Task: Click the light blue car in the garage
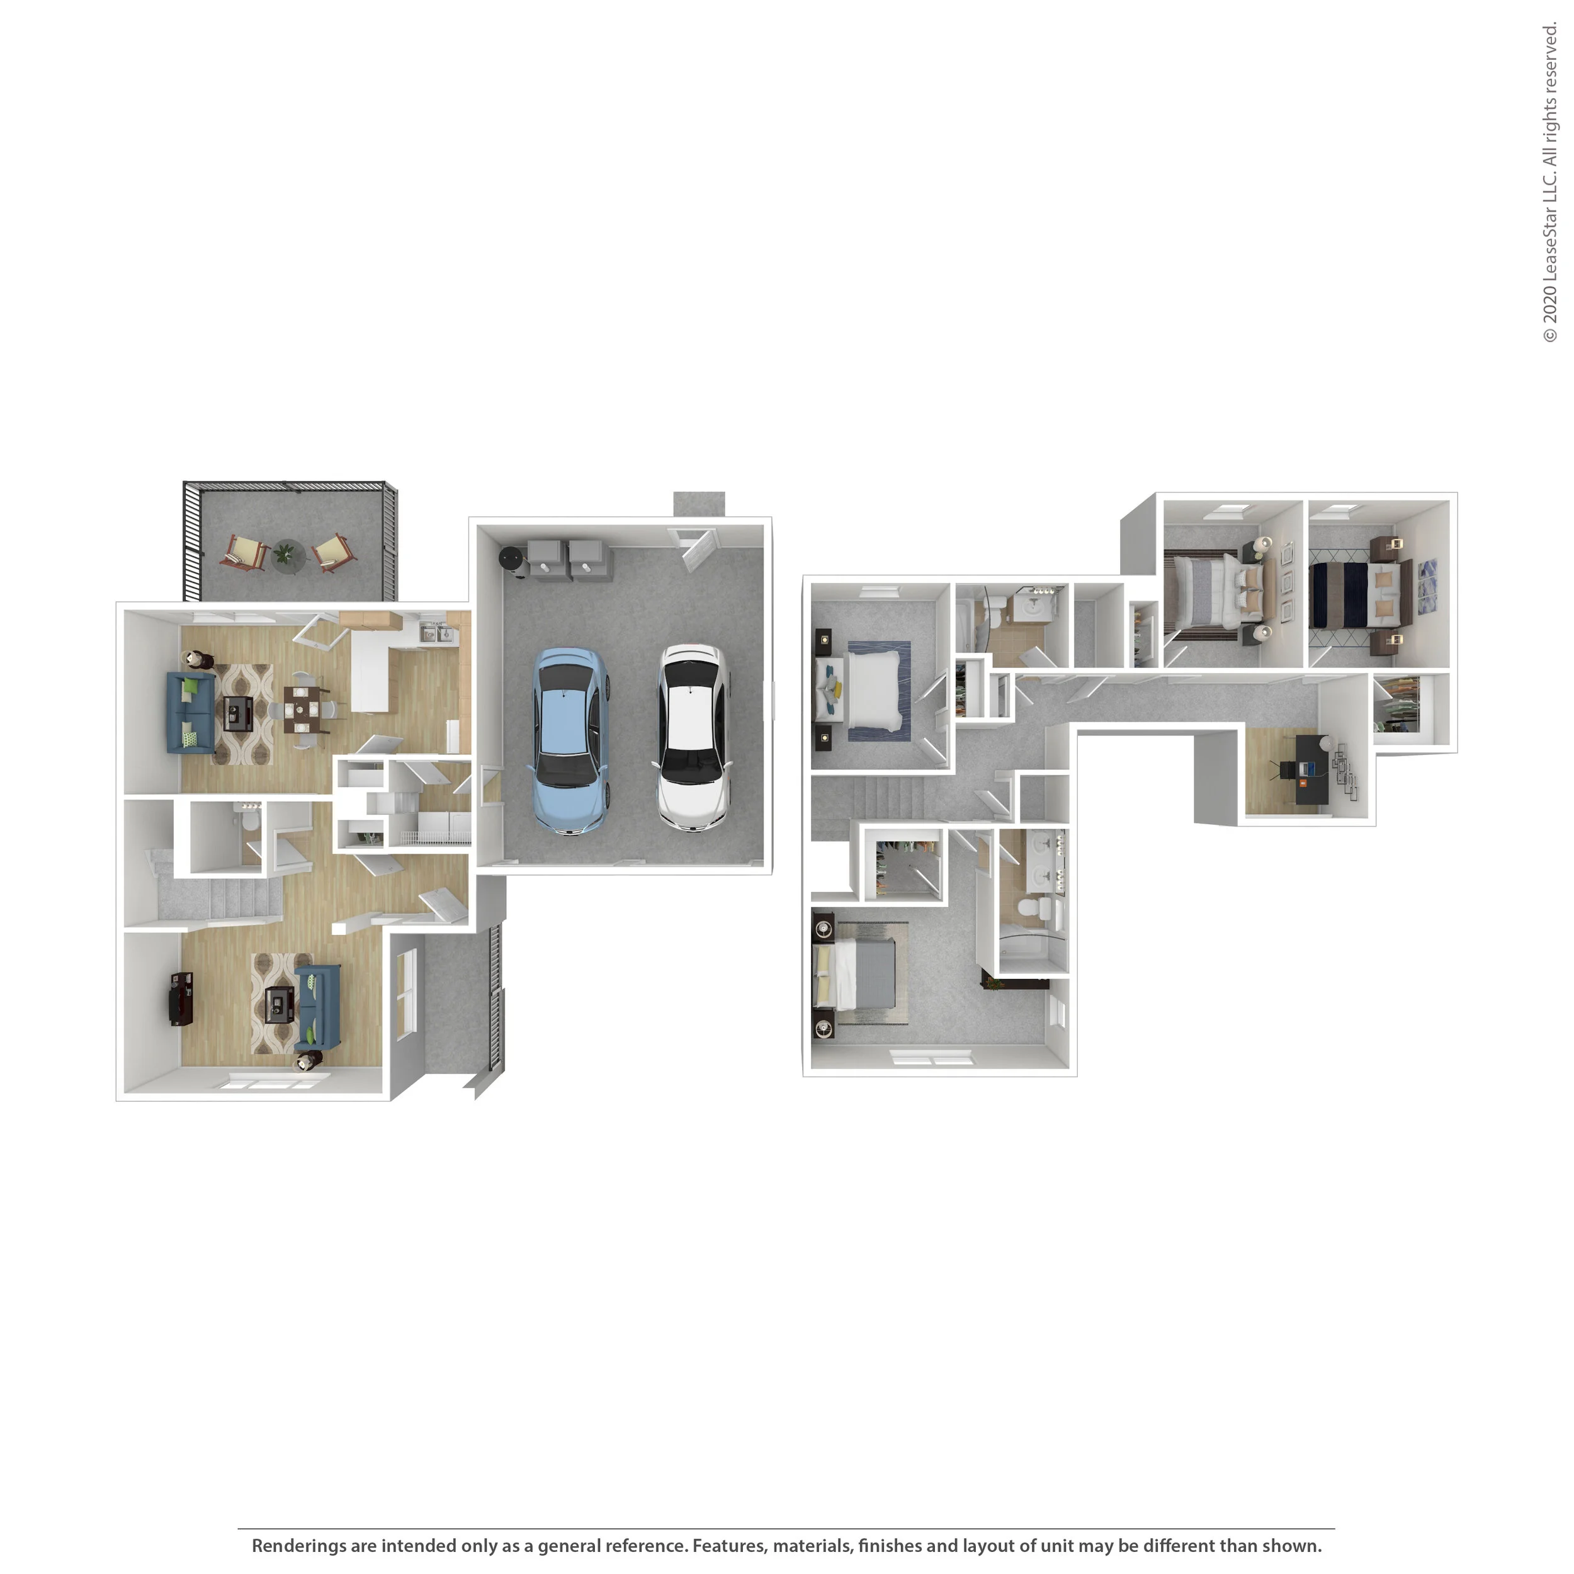pos(571,740)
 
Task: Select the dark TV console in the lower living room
pos(180,998)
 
